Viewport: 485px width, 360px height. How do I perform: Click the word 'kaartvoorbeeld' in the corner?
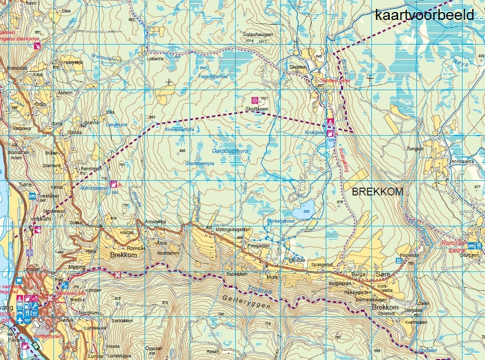424,15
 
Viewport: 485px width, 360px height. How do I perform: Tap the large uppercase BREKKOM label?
378,192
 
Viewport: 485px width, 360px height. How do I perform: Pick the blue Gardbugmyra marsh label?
229,151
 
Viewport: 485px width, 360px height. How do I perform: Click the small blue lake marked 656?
302,211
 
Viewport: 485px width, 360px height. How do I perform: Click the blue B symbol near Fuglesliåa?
399,260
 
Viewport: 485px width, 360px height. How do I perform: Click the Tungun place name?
415,149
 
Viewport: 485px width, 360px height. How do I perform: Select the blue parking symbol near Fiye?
64,285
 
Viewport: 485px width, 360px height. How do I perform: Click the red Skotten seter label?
335,81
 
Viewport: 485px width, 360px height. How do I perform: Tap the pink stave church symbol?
37,46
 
